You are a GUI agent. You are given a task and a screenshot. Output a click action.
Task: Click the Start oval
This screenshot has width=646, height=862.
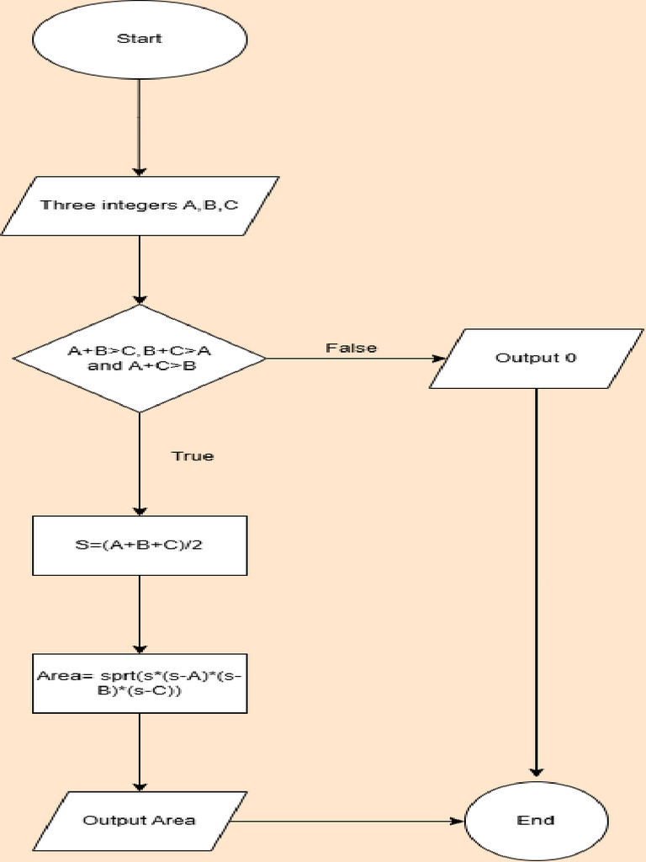pos(140,39)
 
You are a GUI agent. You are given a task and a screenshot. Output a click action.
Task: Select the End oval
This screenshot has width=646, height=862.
pos(536,820)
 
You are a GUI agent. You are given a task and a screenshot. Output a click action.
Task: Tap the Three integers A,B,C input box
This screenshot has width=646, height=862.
pos(140,205)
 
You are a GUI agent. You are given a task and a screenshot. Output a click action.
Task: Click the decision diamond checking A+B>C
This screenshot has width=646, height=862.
pos(140,359)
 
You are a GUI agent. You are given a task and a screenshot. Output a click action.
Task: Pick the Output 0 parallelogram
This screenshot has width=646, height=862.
pos(536,358)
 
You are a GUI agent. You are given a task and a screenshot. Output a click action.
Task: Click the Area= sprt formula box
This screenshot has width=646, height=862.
pos(140,682)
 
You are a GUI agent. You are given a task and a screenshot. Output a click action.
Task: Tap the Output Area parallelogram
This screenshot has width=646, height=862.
pos(140,820)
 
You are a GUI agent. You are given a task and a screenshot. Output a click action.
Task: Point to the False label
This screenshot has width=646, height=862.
pos(352,348)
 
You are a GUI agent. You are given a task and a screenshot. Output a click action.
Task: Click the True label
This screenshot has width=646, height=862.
pos(193,456)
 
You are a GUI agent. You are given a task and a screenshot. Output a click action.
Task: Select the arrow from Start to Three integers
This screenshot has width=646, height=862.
pos(140,126)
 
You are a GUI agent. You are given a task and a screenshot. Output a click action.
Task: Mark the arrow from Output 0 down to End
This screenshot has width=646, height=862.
pos(536,581)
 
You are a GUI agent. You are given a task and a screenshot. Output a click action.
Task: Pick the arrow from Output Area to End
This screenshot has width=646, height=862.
pos(353,820)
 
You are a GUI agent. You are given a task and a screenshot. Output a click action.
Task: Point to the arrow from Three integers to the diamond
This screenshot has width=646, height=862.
pos(140,269)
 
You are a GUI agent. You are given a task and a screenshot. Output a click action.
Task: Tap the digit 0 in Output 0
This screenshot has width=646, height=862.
pos(570,358)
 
